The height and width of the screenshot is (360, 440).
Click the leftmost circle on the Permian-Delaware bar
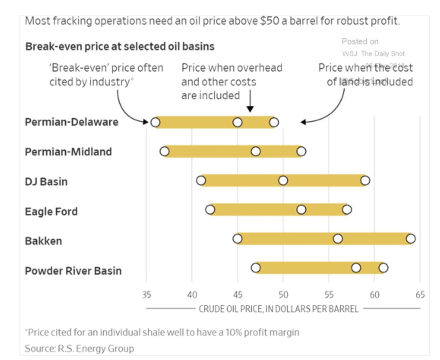click(155, 122)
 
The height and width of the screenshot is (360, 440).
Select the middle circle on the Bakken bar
click(338, 239)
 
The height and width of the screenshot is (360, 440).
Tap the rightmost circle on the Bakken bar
click(411, 239)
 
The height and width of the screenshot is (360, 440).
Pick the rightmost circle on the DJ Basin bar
click(365, 181)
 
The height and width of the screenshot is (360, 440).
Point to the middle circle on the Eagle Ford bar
click(301, 210)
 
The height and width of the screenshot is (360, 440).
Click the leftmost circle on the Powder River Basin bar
click(256, 268)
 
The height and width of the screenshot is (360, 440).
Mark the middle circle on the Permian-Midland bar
click(256, 151)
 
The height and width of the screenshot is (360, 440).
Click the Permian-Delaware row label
click(71, 122)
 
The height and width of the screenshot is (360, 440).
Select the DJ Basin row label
click(46, 181)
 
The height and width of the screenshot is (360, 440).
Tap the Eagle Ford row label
click(51, 211)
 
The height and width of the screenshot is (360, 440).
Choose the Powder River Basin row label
click(73, 271)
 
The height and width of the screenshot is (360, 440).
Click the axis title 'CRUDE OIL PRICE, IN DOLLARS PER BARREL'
click(278, 309)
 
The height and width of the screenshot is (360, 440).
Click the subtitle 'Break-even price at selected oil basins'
click(120, 47)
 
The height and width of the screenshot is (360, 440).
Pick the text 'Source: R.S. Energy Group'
click(79, 348)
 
